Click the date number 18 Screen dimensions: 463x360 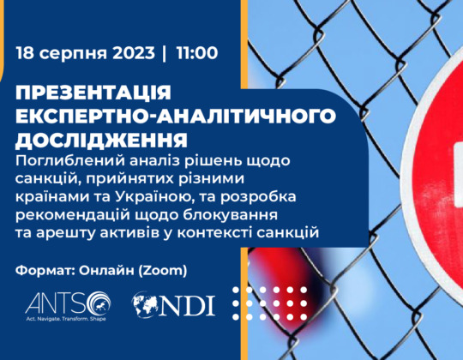tap(25, 53)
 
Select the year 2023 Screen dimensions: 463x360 tap(134, 53)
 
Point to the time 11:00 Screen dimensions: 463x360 tap(197, 53)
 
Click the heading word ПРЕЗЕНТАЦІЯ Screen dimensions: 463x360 tap(93, 93)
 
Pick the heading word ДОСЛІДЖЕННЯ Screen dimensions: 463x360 tap(101, 141)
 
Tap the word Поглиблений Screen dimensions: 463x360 tap(71, 161)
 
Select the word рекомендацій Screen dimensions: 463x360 tap(73, 216)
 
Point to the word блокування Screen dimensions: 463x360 tap(230, 216)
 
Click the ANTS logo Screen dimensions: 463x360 tap(68, 304)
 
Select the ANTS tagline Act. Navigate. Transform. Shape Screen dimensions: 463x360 tap(66, 319)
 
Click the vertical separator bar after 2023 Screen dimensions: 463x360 tap(165, 53)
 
